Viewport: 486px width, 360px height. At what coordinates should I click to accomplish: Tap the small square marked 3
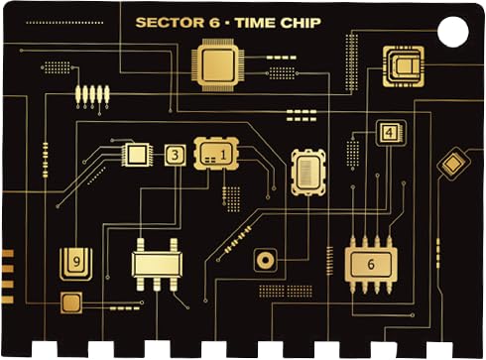(x=176, y=155)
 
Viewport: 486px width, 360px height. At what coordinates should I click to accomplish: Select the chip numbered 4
(x=390, y=132)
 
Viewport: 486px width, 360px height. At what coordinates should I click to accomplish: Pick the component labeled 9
(x=76, y=261)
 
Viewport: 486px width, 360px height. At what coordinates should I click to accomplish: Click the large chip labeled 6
(x=371, y=264)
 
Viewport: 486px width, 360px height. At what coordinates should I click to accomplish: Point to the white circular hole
(x=452, y=32)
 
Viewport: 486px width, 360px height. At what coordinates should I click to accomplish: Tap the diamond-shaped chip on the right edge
(x=452, y=163)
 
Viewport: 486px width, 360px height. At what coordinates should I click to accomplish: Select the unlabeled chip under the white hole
(x=403, y=66)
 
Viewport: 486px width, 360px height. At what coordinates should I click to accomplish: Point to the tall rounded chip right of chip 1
(x=308, y=172)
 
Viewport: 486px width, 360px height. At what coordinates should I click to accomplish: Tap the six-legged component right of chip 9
(x=156, y=263)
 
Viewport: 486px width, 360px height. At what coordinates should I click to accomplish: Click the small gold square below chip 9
(x=70, y=302)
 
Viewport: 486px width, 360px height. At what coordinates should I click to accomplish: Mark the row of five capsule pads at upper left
(x=92, y=95)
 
